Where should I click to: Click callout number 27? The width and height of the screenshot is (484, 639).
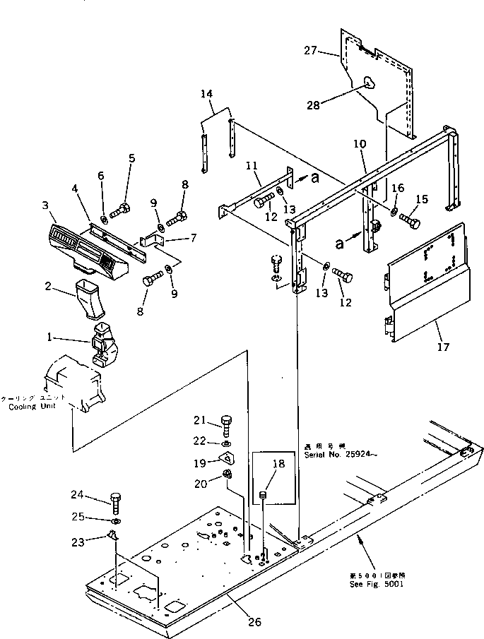click(x=311, y=50)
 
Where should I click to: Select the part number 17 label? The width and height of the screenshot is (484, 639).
click(x=444, y=347)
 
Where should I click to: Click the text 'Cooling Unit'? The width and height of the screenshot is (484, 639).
click(x=28, y=407)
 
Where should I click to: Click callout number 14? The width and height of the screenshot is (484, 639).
click(x=206, y=92)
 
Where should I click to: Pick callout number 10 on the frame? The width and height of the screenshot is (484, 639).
click(x=360, y=144)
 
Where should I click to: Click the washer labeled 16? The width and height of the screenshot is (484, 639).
click(x=392, y=211)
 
